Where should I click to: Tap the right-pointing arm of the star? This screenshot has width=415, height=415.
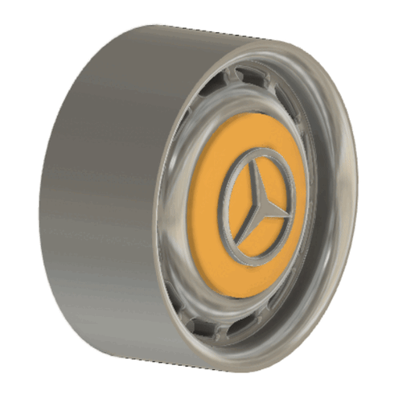274,211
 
